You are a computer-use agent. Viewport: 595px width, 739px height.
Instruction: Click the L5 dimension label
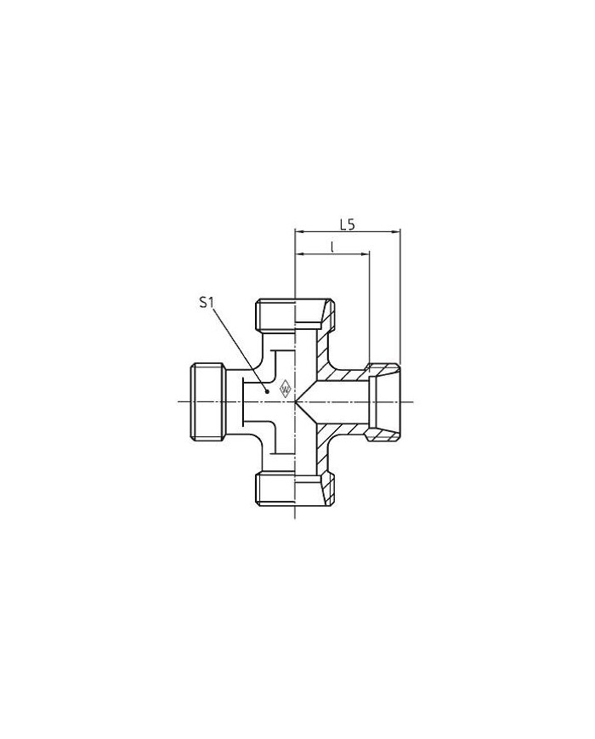coord(347,225)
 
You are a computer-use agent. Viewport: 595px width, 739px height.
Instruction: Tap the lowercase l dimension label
coord(332,247)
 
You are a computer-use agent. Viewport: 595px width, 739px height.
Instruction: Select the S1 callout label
coord(207,303)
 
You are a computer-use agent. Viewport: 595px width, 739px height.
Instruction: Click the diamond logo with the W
coord(286,389)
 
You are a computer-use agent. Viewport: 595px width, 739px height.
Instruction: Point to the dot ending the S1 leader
coord(267,390)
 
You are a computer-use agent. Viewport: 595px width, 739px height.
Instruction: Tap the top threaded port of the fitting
coord(296,314)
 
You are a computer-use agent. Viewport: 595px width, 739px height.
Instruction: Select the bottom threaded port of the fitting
coord(296,490)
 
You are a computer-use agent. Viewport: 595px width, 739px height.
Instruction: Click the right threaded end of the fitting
coord(383,402)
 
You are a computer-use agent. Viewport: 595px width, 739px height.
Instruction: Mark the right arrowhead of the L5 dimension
coord(396,231)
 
